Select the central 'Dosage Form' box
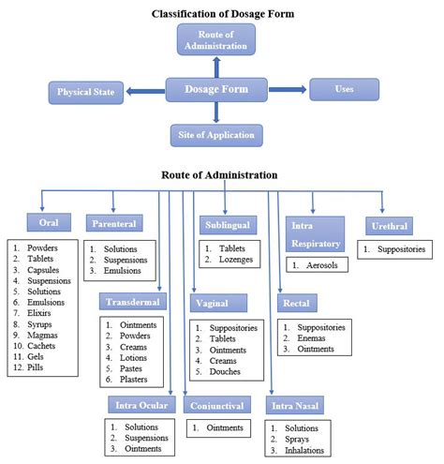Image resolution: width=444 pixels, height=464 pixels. [x=215, y=90]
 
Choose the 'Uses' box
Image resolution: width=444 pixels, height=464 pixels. [x=345, y=89]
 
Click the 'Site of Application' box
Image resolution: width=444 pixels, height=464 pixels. [x=215, y=135]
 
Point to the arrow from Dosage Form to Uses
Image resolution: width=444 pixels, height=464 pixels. [x=287, y=90]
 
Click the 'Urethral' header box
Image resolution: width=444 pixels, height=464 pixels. [x=384, y=225]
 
